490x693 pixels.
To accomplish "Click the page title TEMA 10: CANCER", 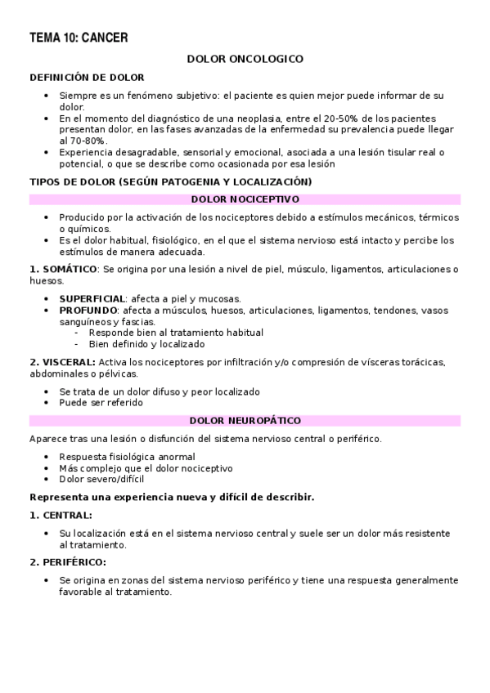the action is point(79,38).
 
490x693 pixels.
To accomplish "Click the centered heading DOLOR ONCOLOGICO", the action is point(245,59).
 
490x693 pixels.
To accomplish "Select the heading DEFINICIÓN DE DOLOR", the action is point(87,77).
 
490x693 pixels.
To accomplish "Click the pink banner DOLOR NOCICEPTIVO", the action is point(245,199).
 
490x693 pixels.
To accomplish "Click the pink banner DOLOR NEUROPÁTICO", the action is point(245,421).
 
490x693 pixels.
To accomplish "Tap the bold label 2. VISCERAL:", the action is point(62,362).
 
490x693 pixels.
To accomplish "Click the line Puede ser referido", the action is point(101,403).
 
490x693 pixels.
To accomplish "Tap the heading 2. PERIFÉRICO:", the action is point(68,562).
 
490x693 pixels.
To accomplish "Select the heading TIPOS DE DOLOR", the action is point(73,181).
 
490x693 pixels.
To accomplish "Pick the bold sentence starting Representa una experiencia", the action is point(172,497).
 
